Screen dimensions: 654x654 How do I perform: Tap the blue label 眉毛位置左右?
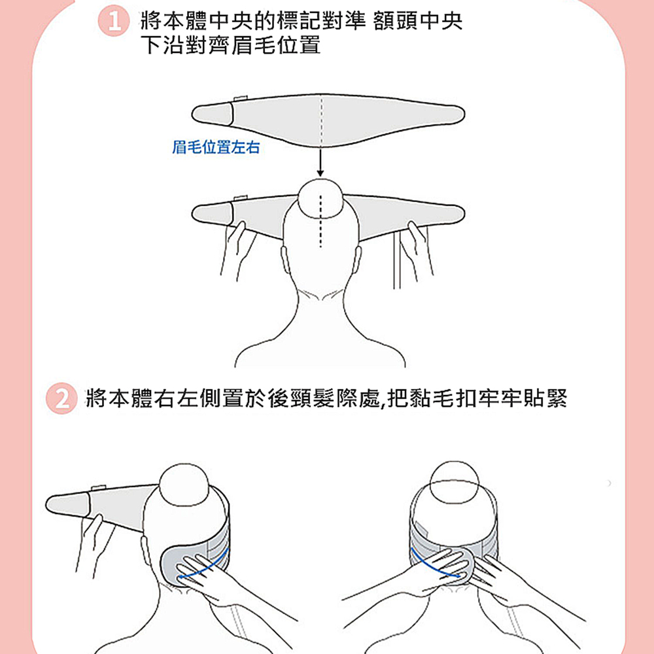pos(216,148)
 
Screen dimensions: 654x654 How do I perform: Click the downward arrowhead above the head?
pos(320,171)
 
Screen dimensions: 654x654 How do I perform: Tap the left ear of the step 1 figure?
pos(285,259)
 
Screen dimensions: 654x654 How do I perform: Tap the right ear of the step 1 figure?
pos(357,259)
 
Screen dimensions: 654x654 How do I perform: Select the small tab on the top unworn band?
pos(238,99)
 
